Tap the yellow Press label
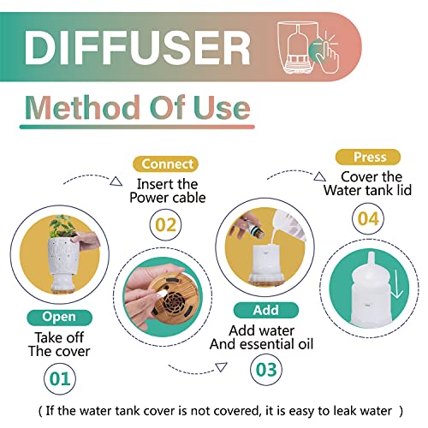click(367, 157)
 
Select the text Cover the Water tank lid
click(366, 184)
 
